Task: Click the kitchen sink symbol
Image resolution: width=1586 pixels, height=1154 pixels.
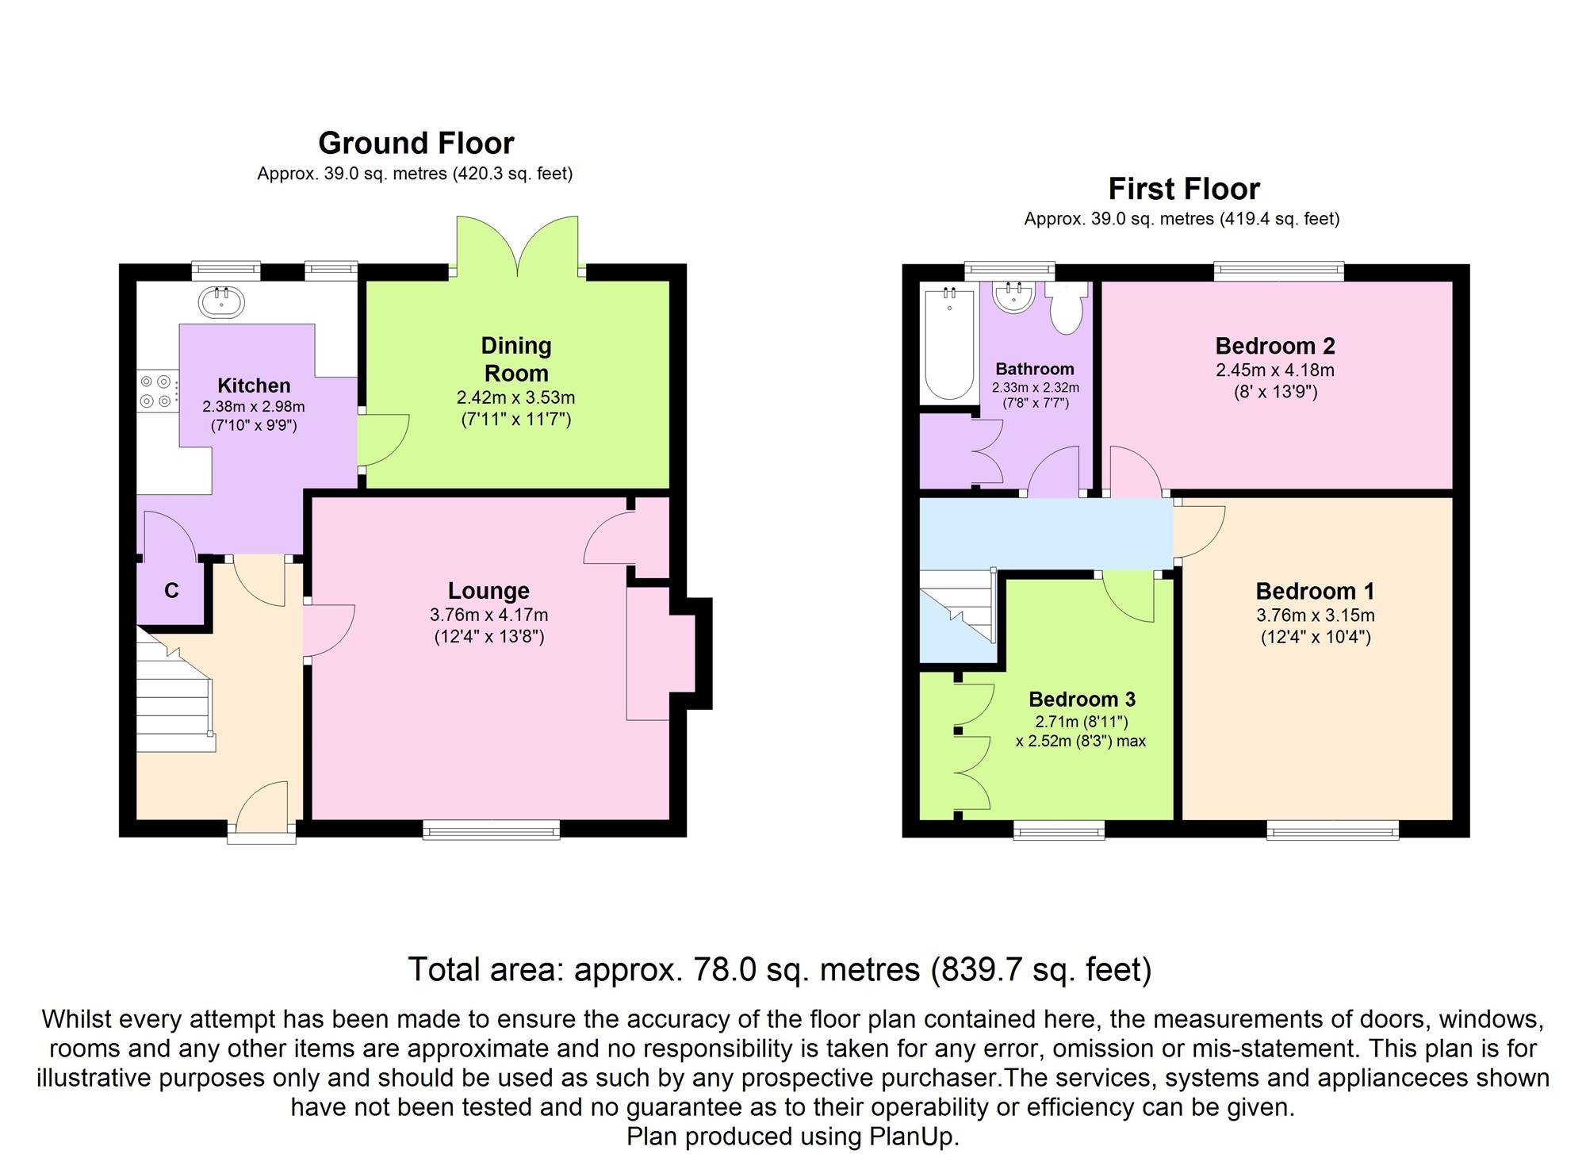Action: coord(221,301)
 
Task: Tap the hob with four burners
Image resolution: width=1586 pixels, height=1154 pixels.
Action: coord(157,392)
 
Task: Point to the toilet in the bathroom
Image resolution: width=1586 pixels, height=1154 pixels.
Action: coord(1065,309)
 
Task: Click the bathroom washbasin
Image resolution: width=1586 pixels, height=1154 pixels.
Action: coord(1014,297)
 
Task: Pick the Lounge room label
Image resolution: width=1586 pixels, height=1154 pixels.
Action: coord(488,591)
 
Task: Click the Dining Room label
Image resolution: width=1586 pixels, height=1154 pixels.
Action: coord(516,359)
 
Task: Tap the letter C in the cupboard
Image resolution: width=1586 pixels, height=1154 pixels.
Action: coord(171,590)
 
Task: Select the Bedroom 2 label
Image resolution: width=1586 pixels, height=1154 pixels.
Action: coord(1275,346)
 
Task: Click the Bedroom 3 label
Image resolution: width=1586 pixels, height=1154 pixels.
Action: coord(1082,699)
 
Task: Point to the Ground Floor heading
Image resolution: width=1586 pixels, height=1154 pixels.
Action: coord(416,144)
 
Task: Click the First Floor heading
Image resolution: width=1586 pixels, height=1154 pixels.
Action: coord(1184,189)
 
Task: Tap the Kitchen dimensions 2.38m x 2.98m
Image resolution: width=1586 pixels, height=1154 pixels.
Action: coord(254,407)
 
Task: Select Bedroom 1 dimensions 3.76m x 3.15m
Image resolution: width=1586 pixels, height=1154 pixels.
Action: coord(1316,615)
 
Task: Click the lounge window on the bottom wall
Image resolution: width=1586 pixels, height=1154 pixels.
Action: coord(492,830)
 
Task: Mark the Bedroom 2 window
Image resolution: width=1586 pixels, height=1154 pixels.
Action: coord(1279,272)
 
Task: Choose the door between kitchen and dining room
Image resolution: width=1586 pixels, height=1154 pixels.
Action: coord(382,440)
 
